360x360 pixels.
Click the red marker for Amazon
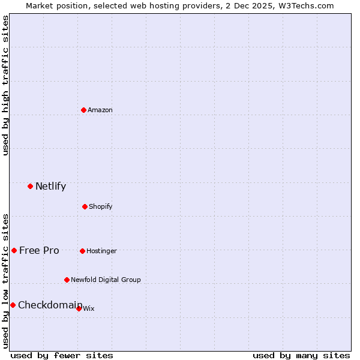tap(83, 110)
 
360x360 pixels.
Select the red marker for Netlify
tap(30, 186)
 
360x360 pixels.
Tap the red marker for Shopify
tap(85, 206)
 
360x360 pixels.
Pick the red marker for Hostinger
tap(82, 251)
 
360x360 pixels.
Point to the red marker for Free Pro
tap(14, 250)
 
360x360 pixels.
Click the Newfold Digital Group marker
tap(67, 280)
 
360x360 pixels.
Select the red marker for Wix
tap(79, 308)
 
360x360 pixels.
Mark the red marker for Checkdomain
tap(13, 305)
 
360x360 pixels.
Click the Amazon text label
tap(100, 110)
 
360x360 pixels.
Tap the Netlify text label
tap(50, 186)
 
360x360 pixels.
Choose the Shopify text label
tap(101, 206)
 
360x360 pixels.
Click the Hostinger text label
tap(101, 251)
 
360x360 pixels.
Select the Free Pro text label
tap(39, 250)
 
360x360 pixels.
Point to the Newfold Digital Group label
tap(106, 280)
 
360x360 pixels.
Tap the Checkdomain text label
tap(50, 305)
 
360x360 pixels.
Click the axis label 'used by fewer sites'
tap(62, 355)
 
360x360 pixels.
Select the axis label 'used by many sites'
tap(301, 355)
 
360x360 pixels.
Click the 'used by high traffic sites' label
tap(5, 85)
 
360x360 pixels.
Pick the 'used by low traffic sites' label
tap(5, 281)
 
